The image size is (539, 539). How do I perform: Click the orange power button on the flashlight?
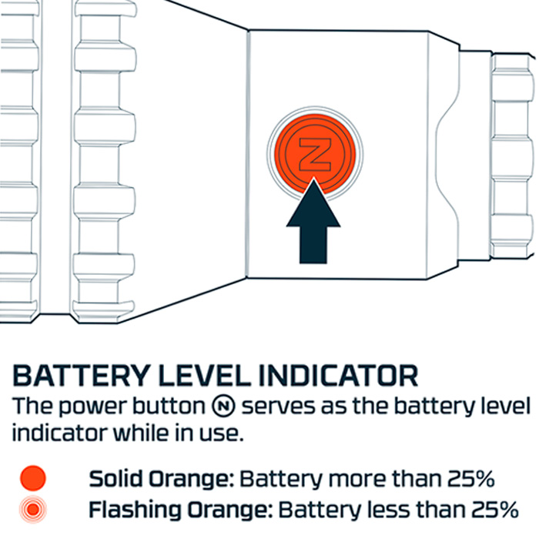[314, 154]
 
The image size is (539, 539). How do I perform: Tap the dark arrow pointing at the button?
[313, 221]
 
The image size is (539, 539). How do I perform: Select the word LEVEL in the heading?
[205, 376]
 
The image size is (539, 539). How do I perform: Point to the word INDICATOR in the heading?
[339, 376]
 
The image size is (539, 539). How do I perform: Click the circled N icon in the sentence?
[223, 406]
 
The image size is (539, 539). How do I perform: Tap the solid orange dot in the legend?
[32, 478]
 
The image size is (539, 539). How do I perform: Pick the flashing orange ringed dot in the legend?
[32, 509]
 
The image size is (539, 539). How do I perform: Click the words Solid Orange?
[162, 478]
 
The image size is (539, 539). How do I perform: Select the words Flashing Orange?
[181, 510]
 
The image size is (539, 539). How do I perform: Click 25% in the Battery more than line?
[471, 478]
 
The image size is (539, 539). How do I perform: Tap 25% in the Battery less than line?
[495, 510]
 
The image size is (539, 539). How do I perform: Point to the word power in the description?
[93, 407]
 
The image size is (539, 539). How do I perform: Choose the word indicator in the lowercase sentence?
[59, 434]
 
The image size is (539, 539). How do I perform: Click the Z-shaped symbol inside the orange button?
[315, 154]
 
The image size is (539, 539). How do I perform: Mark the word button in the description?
[169, 406]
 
